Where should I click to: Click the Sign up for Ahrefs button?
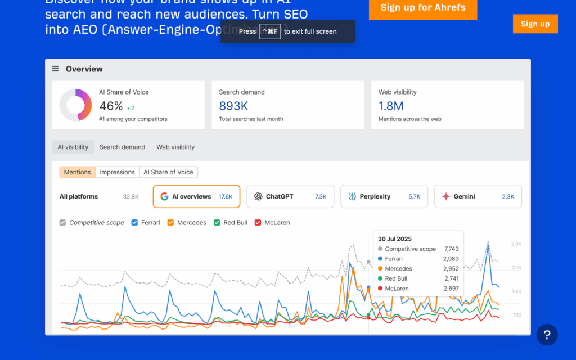(422, 8)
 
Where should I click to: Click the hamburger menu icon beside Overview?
(55, 69)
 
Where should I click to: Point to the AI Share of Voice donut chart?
(75, 105)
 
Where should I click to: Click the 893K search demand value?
(233, 106)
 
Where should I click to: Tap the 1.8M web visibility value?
(391, 106)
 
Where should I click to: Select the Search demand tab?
(122, 147)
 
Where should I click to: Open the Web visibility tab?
(175, 147)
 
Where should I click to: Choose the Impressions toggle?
(117, 172)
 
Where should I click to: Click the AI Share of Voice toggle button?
(168, 172)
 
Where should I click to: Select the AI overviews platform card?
(196, 196)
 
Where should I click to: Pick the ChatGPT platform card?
(290, 196)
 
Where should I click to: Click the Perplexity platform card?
(384, 196)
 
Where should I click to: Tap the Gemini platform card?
(478, 196)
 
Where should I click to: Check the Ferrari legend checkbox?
(134, 223)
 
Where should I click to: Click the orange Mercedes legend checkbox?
(170, 223)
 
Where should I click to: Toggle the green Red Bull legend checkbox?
(217, 223)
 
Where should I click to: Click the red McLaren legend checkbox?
(258, 223)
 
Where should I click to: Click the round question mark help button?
(547, 335)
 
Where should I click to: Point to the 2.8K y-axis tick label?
(516, 244)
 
